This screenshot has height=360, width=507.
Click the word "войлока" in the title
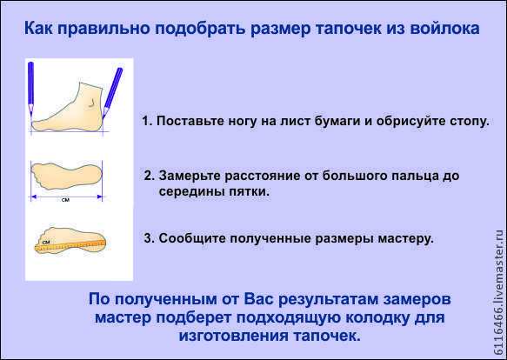point(444,28)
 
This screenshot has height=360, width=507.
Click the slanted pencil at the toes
point(112,92)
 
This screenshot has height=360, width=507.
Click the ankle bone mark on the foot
point(91,103)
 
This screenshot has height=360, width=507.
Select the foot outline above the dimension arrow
point(67,176)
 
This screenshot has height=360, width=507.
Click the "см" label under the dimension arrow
point(65,200)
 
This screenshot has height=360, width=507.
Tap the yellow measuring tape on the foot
point(70,245)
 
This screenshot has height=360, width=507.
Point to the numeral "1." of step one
point(147,121)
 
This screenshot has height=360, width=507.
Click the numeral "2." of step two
point(150,176)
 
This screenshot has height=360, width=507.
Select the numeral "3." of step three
point(150,238)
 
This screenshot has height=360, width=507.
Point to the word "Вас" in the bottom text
point(258,299)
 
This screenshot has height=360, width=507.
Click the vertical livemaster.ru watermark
point(498,292)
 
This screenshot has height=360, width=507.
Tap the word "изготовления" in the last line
point(233,336)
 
